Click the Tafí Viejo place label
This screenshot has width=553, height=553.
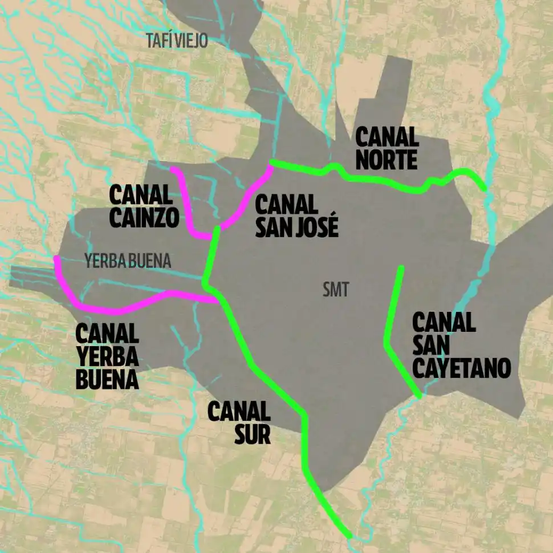177,41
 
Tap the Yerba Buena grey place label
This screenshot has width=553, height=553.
128,262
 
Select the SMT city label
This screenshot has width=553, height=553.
335,290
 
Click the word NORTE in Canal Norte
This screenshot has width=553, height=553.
386,160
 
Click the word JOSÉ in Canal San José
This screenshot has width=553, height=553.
316,226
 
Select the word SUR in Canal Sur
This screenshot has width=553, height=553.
252,434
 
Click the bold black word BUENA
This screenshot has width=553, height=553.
107,379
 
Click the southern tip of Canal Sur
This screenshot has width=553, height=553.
349,536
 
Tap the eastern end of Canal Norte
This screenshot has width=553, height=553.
484,188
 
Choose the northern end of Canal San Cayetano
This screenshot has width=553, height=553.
402,267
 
